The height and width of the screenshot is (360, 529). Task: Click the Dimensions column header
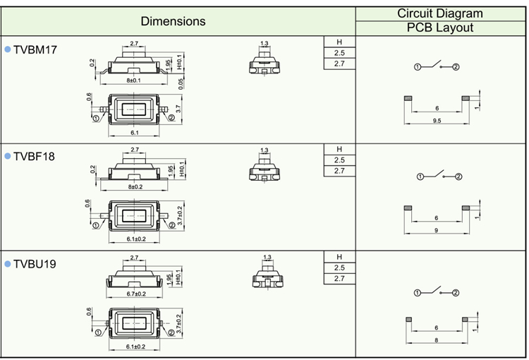point(173,21)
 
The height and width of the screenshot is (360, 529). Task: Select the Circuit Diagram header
point(440,13)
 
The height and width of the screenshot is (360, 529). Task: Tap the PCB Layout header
point(440,28)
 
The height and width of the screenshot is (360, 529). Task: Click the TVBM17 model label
point(35,50)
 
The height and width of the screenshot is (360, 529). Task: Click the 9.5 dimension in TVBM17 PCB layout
point(437,121)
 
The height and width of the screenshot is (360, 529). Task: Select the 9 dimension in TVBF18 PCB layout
point(437,231)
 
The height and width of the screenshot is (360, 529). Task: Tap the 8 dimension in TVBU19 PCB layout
point(437,340)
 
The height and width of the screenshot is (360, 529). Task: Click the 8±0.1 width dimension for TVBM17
point(133,80)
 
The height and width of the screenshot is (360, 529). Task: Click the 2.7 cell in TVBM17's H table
point(339,64)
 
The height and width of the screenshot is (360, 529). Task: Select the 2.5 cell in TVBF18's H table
point(339,160)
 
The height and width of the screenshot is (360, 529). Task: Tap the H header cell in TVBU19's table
point(339,257)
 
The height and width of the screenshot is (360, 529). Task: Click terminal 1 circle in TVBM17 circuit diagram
point(418,66)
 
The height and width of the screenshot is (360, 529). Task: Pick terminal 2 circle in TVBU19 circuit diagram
point(456,292)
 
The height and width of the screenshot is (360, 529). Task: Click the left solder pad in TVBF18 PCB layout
point(407,208)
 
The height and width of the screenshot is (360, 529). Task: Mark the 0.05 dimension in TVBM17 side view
point(181,83)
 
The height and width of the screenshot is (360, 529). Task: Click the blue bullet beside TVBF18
point(8,157)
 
